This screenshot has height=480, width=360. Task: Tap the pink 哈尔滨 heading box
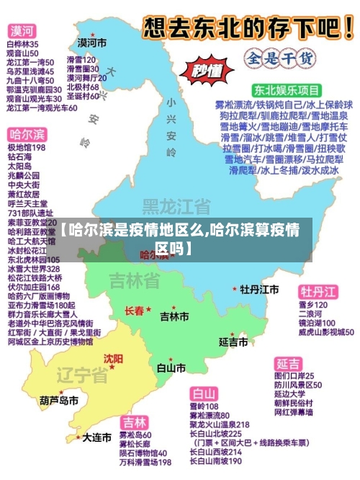[x=27, y=135]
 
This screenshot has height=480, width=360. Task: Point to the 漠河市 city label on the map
[x=92, y=43]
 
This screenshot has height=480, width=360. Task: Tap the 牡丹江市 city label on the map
[x=260, y=289]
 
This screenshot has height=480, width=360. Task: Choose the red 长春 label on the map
[x=135, y=311]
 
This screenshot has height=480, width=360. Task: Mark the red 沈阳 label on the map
[x=113, y=358]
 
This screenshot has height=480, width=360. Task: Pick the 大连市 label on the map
[x=96, y=437]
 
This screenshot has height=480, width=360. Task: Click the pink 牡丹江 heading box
[x=318, y=291]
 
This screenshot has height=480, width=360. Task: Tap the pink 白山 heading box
[x=204, y=394]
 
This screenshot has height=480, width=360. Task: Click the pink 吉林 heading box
[x=135, y=422]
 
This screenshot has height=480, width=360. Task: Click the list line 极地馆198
[x=27, y=147]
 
